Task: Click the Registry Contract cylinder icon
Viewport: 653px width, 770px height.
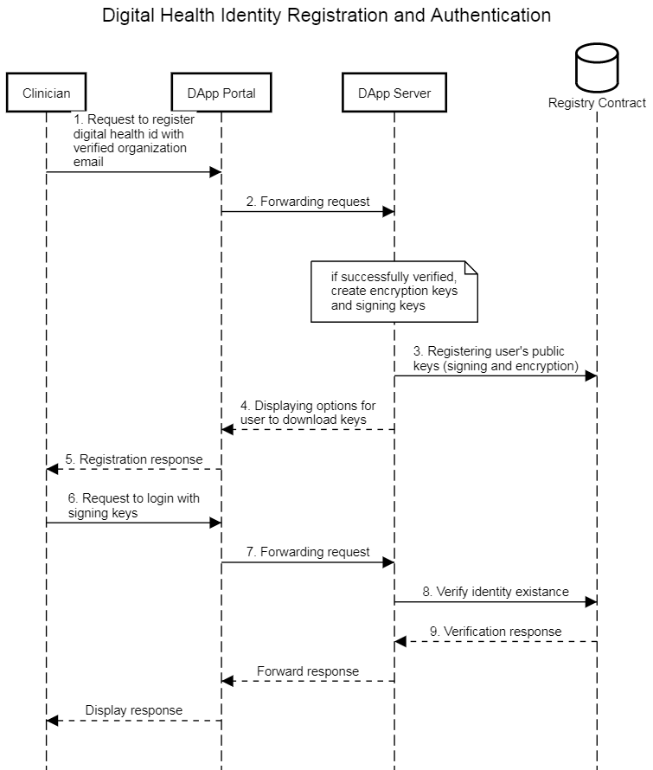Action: [x=597, y=67]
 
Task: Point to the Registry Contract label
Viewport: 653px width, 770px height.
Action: [x=597, y=103]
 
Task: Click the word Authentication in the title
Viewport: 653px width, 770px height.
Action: [x=491, y=16]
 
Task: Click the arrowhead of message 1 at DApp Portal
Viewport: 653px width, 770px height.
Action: [x=216, y=172]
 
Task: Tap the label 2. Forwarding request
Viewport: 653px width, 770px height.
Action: [x=308, y=202]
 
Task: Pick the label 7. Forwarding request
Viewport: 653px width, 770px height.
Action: [x=308, y=552]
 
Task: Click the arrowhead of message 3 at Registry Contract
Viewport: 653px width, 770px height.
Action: [x=591, y=376]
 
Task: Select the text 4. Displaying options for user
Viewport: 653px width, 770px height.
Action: [x=308, y=413]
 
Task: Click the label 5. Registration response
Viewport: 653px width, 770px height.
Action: [x=134, y=459]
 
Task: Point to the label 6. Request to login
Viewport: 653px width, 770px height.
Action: [x=133, y=505]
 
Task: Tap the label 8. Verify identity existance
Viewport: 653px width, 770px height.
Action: [x=496, y=592]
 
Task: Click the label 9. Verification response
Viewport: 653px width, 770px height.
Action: [x=496, y=632]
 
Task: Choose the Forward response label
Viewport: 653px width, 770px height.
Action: [x=308, y=671]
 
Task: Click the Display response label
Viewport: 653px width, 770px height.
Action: [x=134, y=710]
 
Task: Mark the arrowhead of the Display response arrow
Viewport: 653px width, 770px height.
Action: [x=52, y=721]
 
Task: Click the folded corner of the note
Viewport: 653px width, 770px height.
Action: [x=471, y=267]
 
